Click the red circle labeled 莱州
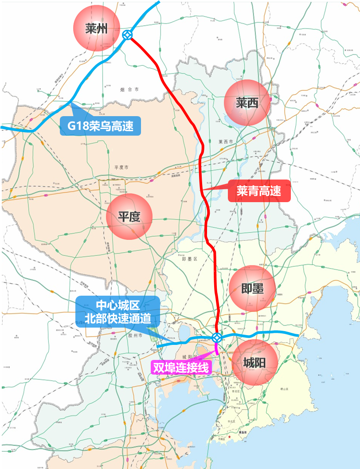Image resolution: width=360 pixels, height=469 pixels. point(96,29)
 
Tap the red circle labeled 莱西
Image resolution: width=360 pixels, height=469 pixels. point(247,103)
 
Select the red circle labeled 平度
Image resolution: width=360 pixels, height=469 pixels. point(129,216)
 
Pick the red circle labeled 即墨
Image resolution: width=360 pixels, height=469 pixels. point(252,289)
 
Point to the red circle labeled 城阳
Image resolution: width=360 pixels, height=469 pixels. point(254,363)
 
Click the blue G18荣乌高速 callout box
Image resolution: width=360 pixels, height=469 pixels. point(100,126)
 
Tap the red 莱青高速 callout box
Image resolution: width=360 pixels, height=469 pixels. point(259,191)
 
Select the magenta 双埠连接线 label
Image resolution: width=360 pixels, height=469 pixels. point(180,367)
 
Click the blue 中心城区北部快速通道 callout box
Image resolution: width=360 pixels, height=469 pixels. point(117,311)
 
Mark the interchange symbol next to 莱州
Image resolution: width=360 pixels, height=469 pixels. point(127,35)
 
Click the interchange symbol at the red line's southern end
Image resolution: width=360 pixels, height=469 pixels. point(217,337)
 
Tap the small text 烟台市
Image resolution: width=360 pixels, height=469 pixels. point(129,90)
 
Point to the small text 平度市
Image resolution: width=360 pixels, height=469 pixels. point(121,168)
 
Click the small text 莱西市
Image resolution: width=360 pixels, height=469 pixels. point(226,142)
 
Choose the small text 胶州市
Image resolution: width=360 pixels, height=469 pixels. point(135,336)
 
